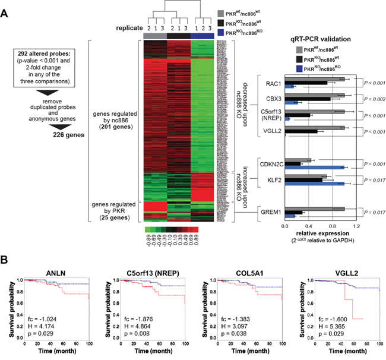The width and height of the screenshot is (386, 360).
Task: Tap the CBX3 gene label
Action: [270, 97]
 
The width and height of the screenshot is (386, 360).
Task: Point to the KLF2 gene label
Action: [270, 178]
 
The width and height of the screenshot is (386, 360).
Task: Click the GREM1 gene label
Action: [268, 211]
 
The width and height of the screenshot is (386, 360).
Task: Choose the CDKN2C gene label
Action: [266, 163]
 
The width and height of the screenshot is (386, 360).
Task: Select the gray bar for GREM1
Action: [315, 209]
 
